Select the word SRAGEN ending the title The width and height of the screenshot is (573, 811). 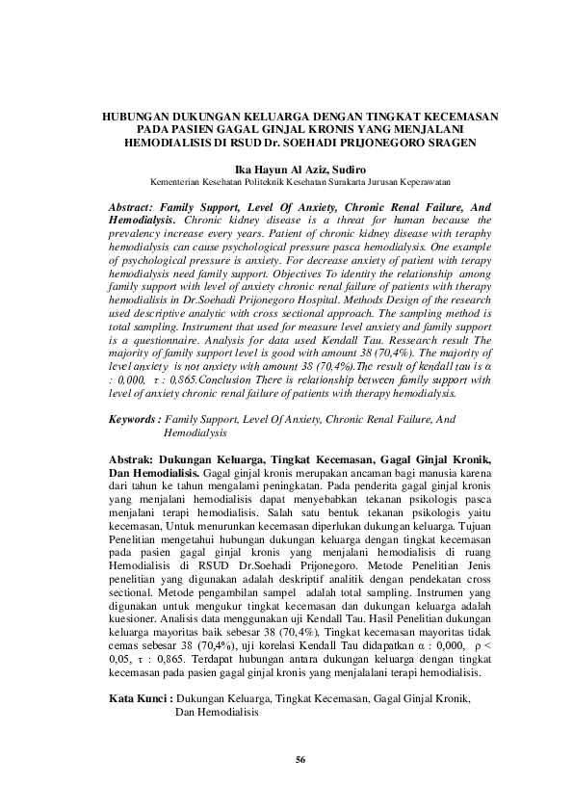click(x=448, y=142)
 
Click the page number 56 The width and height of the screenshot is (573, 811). click(x=300, y=760)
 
